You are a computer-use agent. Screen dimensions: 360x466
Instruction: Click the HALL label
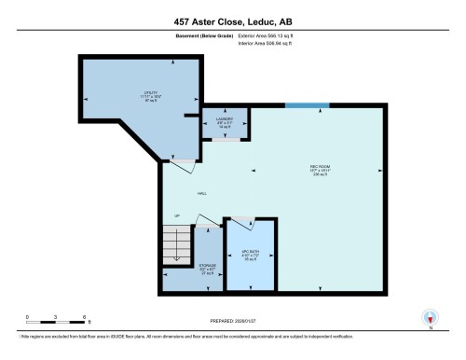tap(201, 193)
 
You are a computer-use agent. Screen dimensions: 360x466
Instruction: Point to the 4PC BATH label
tap(250, 254)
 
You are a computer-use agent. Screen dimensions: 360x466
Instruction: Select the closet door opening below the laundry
tap(225, 139)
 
